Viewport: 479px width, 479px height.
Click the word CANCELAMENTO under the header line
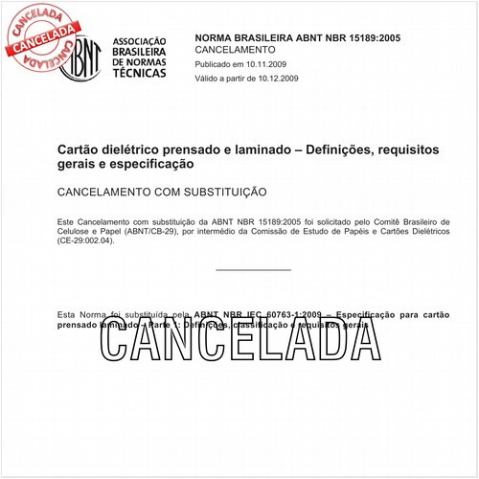[235, 50]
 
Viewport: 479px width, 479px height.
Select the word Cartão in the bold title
[80, 150]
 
